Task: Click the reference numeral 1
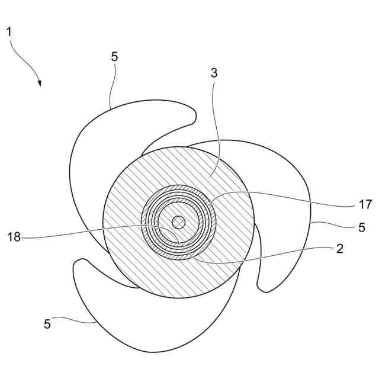tap(9, 31)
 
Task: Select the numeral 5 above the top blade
tap(114, 57)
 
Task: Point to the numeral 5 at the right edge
tap(361, 227)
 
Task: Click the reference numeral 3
tap(214, 73)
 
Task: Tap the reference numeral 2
tap(339, 249)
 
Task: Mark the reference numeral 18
tap(14, 237)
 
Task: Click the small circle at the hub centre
tap(178, 223)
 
